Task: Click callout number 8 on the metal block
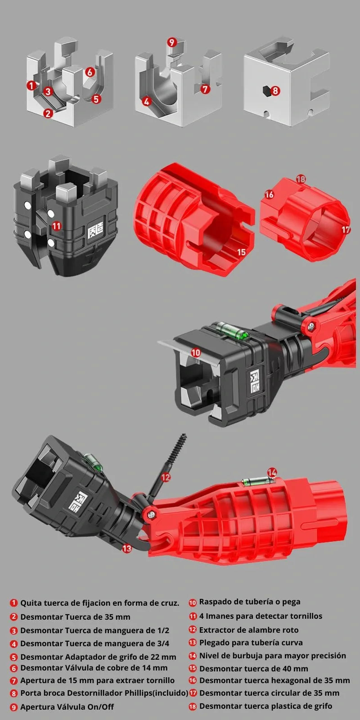pos(275,90)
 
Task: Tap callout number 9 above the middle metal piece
pos(171,42)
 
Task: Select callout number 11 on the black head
pos(57,226)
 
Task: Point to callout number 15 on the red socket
pos(241,252)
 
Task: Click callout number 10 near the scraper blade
pos(196,353)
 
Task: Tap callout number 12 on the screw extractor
pos(166,477)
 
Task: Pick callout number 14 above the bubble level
pos(272,472)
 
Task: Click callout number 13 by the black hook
pos(127,549)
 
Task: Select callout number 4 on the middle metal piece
pos(147,102)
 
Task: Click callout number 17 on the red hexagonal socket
pos(346,230)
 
